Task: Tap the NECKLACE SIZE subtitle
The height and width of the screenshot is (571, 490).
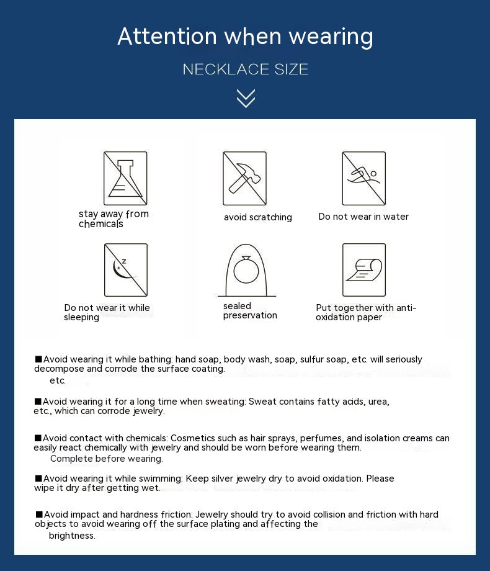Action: coord(246,69)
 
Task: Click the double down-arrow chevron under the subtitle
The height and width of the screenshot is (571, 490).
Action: coord(246,98)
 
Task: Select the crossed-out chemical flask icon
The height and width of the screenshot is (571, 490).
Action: coord(125,178)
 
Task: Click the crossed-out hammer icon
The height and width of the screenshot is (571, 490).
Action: coord(244,178)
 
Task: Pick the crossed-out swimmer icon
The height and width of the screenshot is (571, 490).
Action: coord(364,178)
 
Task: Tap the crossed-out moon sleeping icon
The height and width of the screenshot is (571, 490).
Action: coord(125,270)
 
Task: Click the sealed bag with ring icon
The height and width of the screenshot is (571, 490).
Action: coord(246,271)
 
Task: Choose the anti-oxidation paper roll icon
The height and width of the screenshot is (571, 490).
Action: coord(364,270)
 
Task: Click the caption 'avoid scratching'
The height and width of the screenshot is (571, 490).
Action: coord(257,217)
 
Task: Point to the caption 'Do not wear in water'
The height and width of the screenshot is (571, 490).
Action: coord(363,217)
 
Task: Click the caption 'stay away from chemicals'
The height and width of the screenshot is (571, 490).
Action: coord(114,219)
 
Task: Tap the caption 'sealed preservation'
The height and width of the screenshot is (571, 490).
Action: coord(250,310)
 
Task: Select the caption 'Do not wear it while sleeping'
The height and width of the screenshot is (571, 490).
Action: coord(107,312)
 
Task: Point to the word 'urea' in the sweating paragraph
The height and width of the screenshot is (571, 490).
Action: coord(378,402)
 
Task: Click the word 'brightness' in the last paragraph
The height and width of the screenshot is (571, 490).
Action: coord(71,536)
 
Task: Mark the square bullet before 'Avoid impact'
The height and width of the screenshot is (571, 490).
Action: coord(39,514)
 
